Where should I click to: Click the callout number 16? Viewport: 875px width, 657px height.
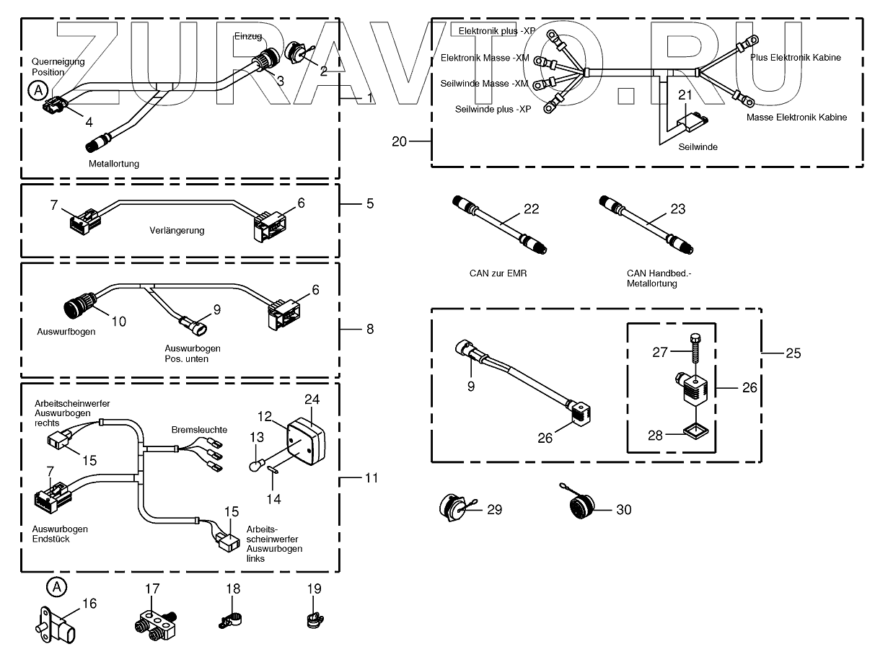pos(89,604)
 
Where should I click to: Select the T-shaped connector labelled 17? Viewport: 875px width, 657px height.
pos(154,623)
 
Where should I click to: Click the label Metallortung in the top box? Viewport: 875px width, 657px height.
pos(114,164)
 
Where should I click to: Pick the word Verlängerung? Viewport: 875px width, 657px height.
pos(177,231)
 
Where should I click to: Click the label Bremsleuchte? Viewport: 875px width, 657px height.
pos(199,430)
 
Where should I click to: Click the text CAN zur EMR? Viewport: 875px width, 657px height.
pos(497,274)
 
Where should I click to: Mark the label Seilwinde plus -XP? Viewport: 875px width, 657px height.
pos(493,110)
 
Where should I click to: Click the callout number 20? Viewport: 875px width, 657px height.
pos(400,142)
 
